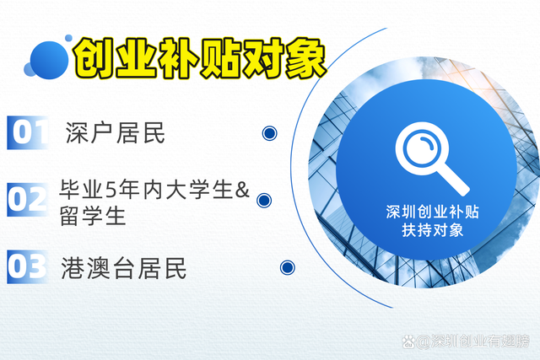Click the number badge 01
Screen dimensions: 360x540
pyautogui.click(x=29, y=132)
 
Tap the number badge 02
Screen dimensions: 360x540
pyautogui.click(x=29, y=200)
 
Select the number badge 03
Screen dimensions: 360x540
pyautogui.click(x=29, y=266)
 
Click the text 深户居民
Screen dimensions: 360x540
pyautogui.click(x=116, y=132)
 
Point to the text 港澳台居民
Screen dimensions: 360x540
pyautogui.click(x=124, y=268)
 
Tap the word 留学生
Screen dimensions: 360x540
pyautogui.click(x=93, y=215)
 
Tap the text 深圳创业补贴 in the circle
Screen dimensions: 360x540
pyautogui.click(x=433, y=212)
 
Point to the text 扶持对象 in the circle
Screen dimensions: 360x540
pyautogui.click(x=433, y=229)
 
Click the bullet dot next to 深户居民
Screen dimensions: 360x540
pyautogui.click(x=270, y=132)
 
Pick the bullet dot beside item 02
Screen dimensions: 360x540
pyautogui.click(x=263, y=200)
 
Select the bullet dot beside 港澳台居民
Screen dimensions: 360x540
pyautogui.click(x=288, y=268)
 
